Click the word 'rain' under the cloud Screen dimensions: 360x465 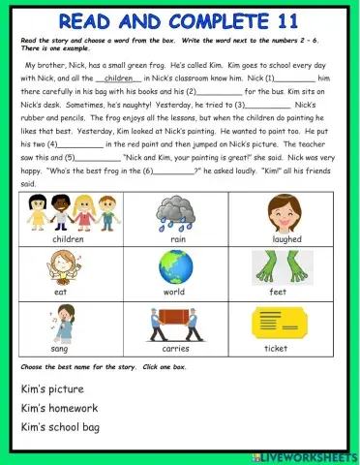pos(178,238)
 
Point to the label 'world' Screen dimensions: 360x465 pos(174,292)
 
